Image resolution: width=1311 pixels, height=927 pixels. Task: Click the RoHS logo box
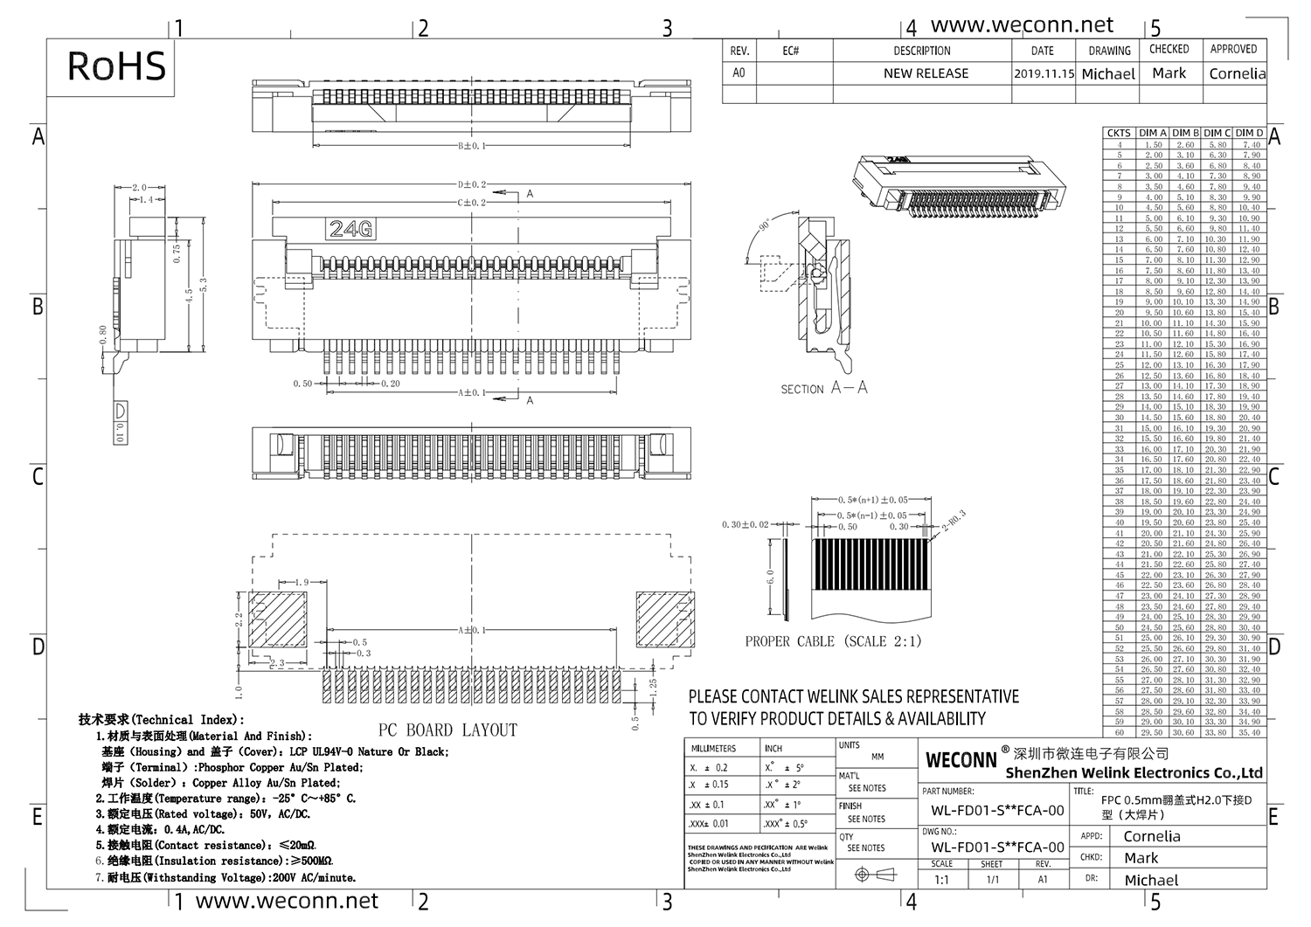click(x=115, y=66)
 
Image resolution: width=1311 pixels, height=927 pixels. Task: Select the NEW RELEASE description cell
click(x=926, y=73)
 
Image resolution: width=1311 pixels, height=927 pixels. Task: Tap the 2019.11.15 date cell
click(x=1044, y=74)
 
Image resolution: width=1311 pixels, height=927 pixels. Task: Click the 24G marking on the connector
click(x=351, y=229)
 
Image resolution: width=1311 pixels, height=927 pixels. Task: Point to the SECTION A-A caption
click(x=823, y=388)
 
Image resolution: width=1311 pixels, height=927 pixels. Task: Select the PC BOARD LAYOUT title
click(x=447, y=730)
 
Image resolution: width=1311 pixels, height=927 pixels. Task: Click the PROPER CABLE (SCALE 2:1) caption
click(x=833, y=641)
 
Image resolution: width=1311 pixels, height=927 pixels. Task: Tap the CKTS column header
click(x=1119, y=133)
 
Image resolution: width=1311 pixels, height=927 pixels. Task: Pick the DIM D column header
click(x=1250, y=133)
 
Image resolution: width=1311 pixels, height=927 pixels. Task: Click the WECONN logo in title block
click(x=961, y=759)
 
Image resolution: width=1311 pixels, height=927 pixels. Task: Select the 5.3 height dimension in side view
click(x=204, y=285)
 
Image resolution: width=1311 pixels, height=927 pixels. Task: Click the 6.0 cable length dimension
click(x=770, y=578)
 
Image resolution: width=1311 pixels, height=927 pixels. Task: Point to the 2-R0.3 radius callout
click(x=953, y=522)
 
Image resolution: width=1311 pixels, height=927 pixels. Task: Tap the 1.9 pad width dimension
click(x=301, y=582)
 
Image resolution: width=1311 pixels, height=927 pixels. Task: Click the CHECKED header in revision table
click(x=1169, y=50)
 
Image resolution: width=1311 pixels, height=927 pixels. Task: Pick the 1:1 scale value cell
click(x=941, y=880)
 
